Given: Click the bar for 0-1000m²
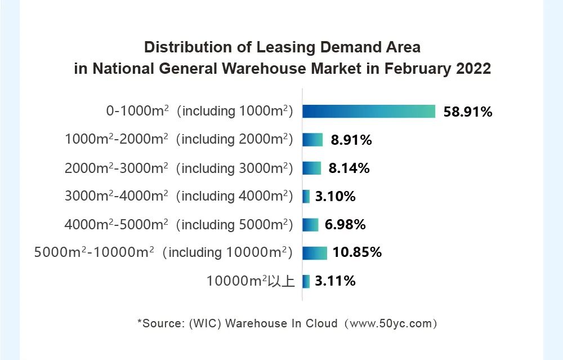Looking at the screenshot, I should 369,111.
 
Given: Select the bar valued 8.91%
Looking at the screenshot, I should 312,140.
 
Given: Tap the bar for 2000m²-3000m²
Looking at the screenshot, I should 312,168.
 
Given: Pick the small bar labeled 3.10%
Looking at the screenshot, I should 306,197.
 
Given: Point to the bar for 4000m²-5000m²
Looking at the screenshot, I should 310,225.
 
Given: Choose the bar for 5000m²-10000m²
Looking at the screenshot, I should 315,252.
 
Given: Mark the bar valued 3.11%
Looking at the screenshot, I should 306,281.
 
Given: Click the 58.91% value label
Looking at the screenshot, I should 468,112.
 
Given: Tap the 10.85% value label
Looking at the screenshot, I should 357,252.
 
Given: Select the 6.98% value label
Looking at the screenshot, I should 345,225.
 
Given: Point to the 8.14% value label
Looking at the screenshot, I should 349,168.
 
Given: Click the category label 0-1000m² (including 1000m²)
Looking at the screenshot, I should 200,111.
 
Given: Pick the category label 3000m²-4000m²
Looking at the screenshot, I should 178,196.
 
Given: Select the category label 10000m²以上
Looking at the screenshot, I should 251,281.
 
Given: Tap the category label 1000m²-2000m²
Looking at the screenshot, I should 178,139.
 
